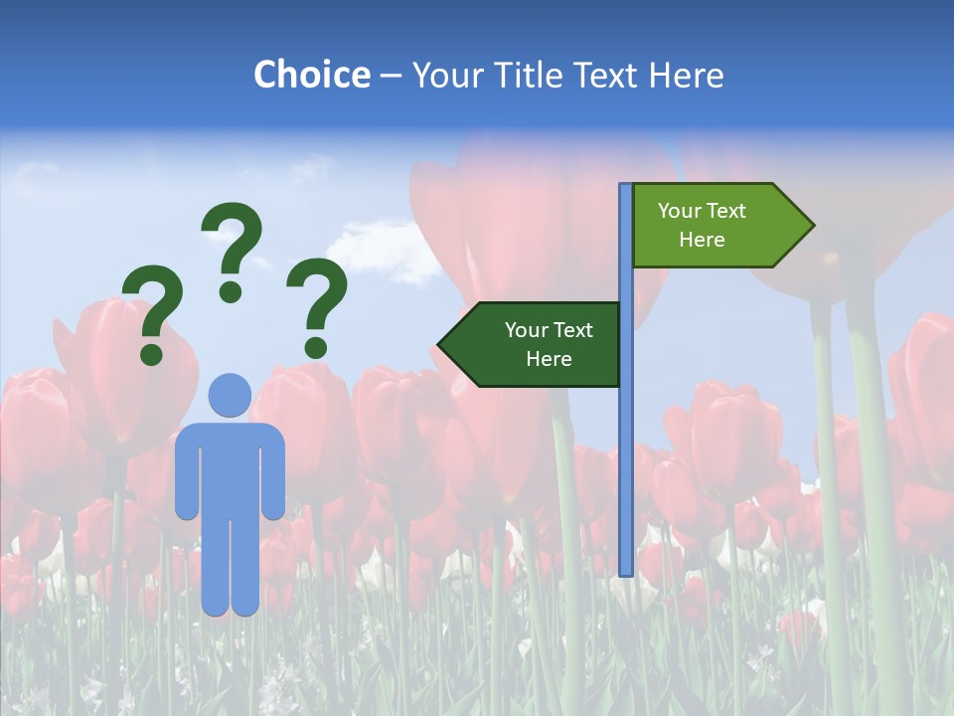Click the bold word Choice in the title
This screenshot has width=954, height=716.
[311, 75]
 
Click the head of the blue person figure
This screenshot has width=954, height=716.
[230, 395]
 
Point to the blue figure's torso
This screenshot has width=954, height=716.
[230, 467]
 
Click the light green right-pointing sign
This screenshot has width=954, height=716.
[711, 226]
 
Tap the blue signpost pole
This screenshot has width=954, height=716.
[626, 447]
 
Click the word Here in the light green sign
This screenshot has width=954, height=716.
[702, 240]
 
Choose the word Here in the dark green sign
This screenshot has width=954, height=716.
[549, 359]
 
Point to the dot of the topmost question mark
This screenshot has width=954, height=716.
[231, 291]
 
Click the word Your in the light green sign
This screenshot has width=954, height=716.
[680, 211]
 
